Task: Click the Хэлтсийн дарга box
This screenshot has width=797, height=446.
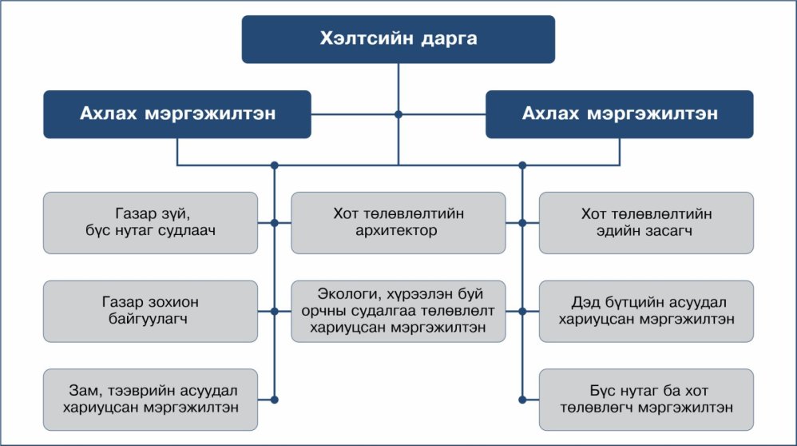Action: tap(398, 39)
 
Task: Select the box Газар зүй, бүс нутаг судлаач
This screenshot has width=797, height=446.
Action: tap(151, 223)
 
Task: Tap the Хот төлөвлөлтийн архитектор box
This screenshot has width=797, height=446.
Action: tap(398, 223)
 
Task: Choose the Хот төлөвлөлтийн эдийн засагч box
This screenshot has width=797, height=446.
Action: tap(646, 223)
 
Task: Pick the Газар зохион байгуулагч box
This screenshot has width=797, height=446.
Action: tap(151, 311)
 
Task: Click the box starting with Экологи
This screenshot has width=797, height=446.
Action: tap(398, 311)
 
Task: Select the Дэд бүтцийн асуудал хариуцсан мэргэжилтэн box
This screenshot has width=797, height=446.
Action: tap(646, 311)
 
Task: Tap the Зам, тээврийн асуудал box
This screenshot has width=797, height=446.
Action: tap(151, 399)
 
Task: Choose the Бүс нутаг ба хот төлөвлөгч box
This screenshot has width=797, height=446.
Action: tap(646, 399)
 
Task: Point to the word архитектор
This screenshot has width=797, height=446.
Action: tap(398, 232)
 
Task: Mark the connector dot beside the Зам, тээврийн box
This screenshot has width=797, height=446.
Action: tap(274, 399)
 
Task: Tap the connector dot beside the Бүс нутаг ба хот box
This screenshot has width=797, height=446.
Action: tap(522, 399)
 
